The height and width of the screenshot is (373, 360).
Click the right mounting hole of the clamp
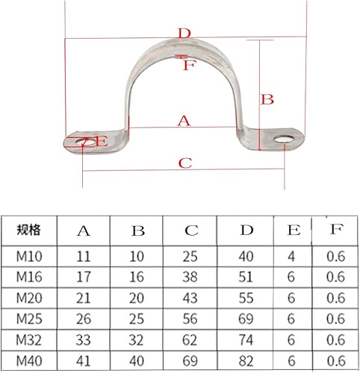[x=285, y=139]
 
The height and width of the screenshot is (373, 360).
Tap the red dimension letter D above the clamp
[x=184, y=33]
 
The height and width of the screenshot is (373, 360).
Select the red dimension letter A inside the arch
[x=183, y=120]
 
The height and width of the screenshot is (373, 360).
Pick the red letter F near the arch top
[x=188, y=65]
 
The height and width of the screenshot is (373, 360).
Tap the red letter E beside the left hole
[x=100, y=141]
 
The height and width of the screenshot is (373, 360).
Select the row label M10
[x=28, y=256]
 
